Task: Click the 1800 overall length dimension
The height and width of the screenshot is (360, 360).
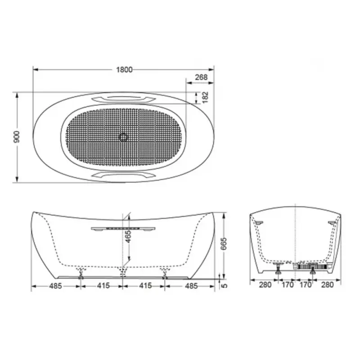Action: (x=124, y=70)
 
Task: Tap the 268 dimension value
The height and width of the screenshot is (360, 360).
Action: (x=201, y=77)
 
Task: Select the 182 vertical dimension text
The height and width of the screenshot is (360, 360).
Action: (x=205, y=97)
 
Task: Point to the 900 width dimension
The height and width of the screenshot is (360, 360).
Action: (x=17, y=137)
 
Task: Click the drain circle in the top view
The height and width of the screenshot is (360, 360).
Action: (x=123, y=137)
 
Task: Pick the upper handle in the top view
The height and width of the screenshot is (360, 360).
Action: (x=123, y=99)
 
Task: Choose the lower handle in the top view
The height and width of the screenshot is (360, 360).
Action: (x=123, y=175)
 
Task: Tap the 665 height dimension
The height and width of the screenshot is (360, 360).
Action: (x=223, y=244)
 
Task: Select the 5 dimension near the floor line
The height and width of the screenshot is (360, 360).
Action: (x=225, y=286)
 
